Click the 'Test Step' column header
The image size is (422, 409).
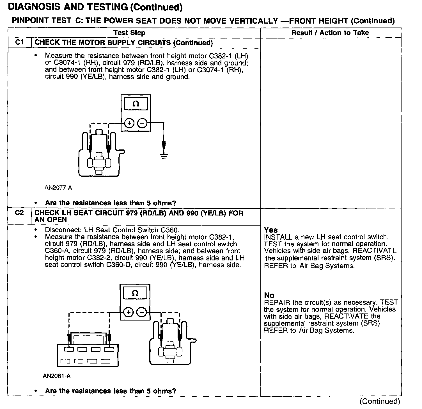click(129, 33)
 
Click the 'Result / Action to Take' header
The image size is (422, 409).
click(330, 33)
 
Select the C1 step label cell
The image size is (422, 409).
click(19, 42)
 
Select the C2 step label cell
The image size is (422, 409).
click(19, 213)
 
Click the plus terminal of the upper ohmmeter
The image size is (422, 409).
click(129, 123)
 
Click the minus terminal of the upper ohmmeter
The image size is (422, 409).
click(142, 123)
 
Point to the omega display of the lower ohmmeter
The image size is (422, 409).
click(135, 293)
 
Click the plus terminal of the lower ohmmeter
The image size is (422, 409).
click(128, 312)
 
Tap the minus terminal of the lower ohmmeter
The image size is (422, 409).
click(141, 312)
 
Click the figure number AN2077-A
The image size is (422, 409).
click(58, 188)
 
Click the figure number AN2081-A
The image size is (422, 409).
click(57, 376)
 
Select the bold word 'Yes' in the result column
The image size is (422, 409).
click(271, 230)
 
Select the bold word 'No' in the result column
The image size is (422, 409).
click(269, 295)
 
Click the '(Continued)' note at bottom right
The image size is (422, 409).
click(380, 401)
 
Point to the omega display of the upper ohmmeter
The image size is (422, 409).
click(136, 104)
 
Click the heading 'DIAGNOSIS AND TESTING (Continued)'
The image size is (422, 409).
click(95, 7)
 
